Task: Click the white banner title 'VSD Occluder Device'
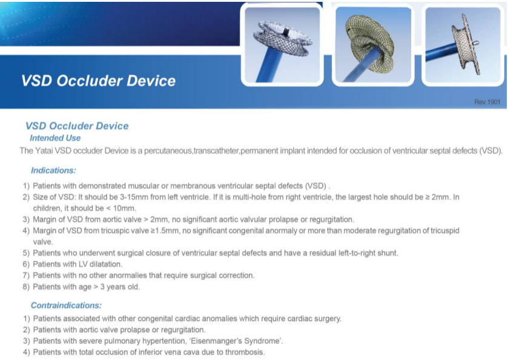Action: point(98,81)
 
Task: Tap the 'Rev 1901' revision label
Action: point(487,102)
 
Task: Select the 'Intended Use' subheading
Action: point(55,138)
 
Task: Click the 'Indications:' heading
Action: point(53,171)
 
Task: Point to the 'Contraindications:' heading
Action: point(66,305)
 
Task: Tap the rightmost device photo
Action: point(461,45)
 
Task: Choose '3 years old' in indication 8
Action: point(119,287)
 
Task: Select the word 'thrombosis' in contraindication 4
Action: point(245,352)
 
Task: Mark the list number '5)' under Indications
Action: point(26,253)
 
